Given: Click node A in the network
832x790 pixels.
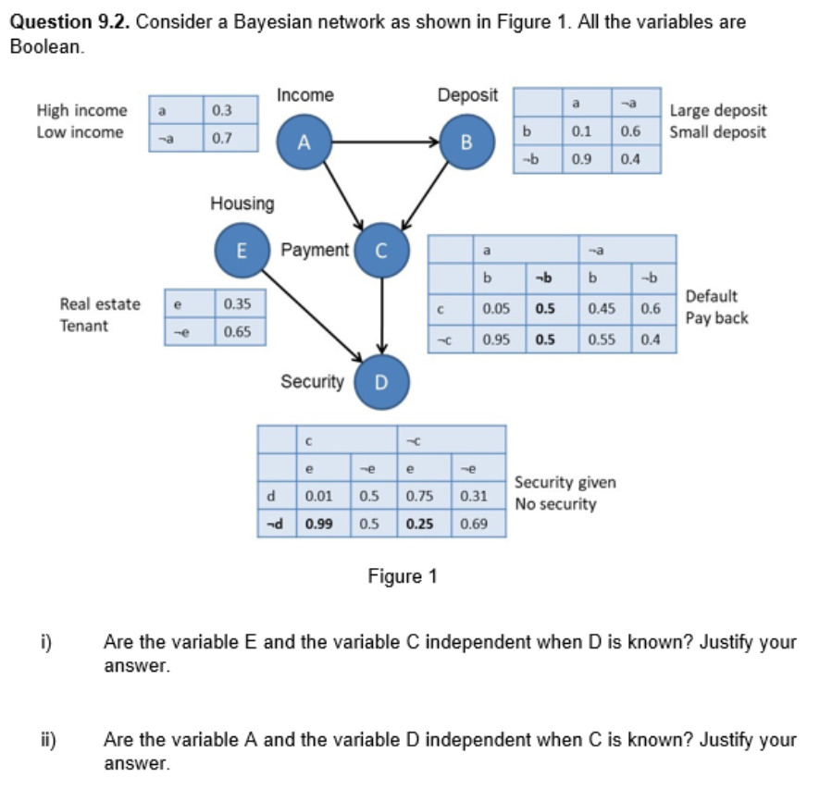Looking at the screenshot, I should click(302, 142).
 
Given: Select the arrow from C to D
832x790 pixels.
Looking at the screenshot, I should click(380, 315).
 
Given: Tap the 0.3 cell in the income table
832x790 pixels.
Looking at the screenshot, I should click(221, 110).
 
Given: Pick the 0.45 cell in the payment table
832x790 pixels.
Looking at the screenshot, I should click(602, 309).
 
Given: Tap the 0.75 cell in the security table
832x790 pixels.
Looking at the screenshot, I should click(420, 497).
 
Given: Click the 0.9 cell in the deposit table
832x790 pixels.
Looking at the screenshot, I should click(581, 158).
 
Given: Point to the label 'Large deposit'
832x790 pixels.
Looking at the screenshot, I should click(718, 110).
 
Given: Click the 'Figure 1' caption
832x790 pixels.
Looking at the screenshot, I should click(402, 576).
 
